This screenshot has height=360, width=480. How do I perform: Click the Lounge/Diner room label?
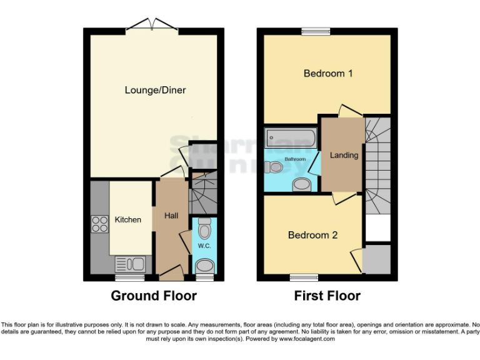(155, 90)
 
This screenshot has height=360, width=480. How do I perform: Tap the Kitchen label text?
(127, 219)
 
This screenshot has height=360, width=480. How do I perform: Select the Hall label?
(171, 216)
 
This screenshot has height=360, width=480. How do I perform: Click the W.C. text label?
(204, 246)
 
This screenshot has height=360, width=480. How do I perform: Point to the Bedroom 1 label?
(328, 74)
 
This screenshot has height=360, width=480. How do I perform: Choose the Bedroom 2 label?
(312, 235)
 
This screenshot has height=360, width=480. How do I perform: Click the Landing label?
(344, 155)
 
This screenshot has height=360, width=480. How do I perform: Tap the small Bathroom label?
(295, 159)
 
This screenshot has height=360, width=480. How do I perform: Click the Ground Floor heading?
(154, 296)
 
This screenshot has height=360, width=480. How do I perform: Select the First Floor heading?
(327, 296)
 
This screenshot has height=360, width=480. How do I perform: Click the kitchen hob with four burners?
(100, 224)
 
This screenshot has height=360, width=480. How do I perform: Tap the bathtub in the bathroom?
(289, 137)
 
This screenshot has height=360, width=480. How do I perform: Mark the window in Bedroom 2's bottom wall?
(303, 276)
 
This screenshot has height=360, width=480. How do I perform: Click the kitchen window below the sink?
(129, 277)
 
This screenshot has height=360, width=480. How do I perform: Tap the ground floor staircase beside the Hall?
(202, 194)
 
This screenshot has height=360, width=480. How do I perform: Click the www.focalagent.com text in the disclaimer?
(306, 339)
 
